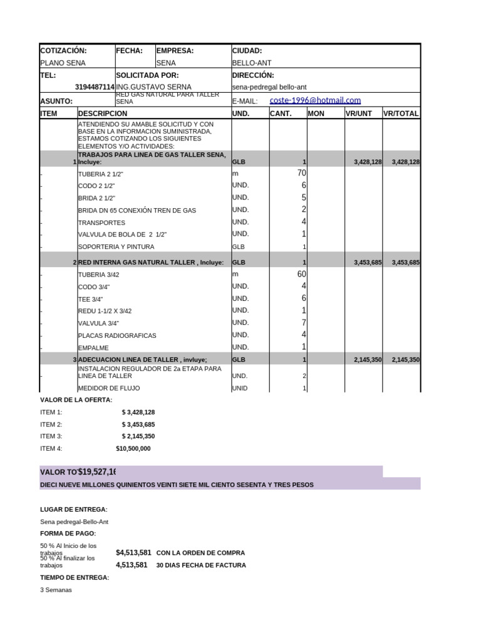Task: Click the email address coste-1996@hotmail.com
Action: (x=315, y=100)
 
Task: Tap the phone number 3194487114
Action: (x=95, y=87)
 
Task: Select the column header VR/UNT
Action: (x=359, y=113)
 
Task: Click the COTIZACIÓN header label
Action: (x=63, y=51)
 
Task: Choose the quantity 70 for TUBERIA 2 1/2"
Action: (x=301, y=173)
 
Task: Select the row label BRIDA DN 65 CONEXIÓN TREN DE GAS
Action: (x=137, y=211)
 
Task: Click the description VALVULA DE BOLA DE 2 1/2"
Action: (x=122, y=234)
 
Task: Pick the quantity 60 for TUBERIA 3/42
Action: (x=301, y=274)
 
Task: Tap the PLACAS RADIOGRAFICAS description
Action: (x=117, y=335)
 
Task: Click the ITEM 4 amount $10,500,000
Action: (x=133, y=449)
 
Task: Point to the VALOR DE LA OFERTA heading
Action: (x=76, y=399)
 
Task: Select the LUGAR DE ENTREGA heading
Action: (x=74, y=509)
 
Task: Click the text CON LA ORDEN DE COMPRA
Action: (x=200, y=553)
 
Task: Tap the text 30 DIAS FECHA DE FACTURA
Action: (x=201, y=565)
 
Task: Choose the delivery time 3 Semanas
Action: (x=56, y=590)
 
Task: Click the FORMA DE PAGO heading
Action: (x=68, y=534)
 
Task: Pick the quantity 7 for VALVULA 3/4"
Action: (x=304, y=322)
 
